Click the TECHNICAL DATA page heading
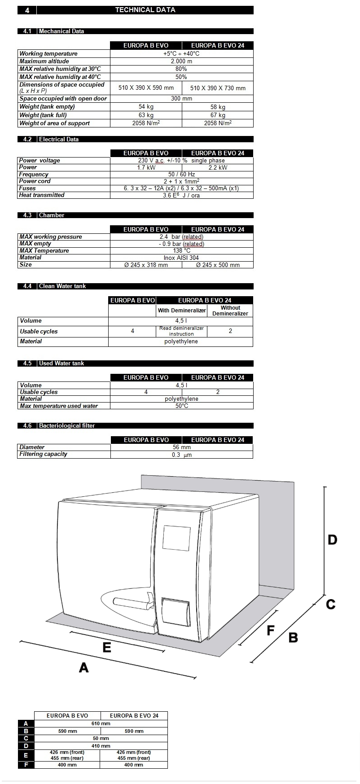[145, 10]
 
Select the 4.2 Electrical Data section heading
[58, 139]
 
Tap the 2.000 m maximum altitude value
[181, 61]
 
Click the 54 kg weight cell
[146, 107]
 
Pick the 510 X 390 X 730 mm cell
[218, 88]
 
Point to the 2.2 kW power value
[218, 167]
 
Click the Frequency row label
[34, 174]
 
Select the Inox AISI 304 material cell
[181, 258]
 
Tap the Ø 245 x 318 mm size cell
[146, 265]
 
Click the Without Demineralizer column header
[230, 311]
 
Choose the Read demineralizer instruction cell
[181, 331]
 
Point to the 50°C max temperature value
[182, 406]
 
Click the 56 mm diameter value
[181, 447]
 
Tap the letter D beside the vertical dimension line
[332, 539]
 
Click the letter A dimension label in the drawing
[83, 668]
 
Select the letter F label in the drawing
[270, 631]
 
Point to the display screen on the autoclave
[176, 538]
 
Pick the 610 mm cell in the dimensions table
[101, 723]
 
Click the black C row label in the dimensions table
[26, 738]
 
